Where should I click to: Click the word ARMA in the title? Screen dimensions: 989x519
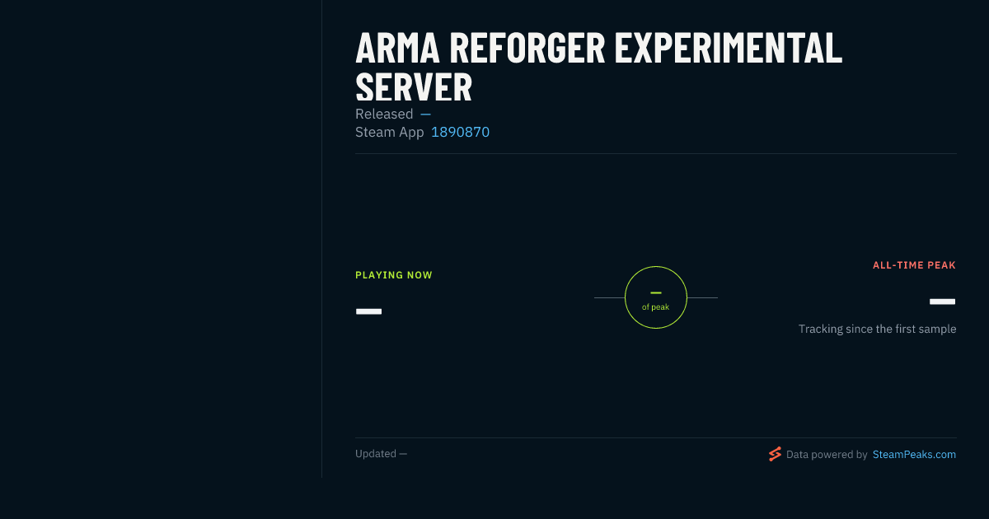click(397, 48)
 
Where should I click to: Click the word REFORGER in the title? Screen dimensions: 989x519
click(527, 48)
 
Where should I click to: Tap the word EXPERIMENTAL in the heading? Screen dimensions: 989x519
click(729, 48)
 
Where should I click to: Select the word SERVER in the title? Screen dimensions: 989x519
click(414, 87)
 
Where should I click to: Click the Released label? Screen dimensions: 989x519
click(384, 114)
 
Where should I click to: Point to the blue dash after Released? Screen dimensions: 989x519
click(425, 115)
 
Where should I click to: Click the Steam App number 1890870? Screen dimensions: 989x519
click(460, 132)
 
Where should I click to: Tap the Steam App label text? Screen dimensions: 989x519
click(389, 132)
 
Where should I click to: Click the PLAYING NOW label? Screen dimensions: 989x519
click(394, 275)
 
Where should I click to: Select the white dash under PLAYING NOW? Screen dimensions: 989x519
click(368, 311)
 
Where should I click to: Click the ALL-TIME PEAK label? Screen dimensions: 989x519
click(914, 265)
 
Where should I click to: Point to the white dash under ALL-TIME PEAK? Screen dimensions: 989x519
click(943, 302)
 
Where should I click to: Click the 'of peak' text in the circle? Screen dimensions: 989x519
click(656, 306)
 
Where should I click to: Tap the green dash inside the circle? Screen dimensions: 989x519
click(656, 292)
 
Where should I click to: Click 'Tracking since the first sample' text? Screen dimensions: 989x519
click(877, 330)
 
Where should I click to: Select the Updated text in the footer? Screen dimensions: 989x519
click(376, 454)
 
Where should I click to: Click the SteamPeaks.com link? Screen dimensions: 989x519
click(914, 455)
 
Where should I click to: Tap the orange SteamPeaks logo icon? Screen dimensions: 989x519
click(775, 454)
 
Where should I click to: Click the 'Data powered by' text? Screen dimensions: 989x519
click(827, 455)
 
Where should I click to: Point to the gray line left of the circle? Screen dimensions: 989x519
click(609, 298)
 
